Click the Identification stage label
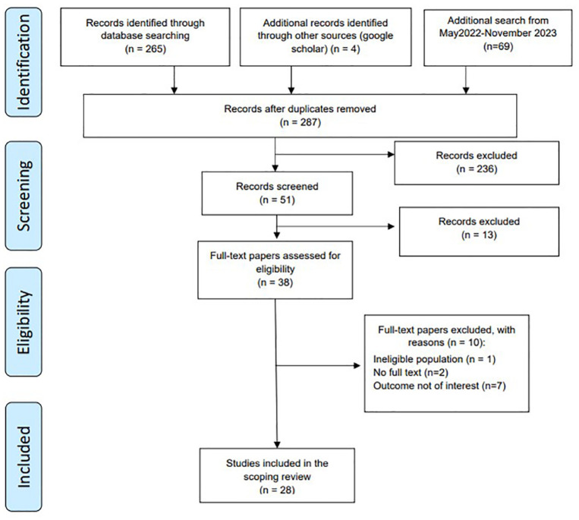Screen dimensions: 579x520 coord(24,62)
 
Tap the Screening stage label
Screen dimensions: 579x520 coord(24,196)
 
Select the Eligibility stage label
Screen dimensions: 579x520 coord(24,322)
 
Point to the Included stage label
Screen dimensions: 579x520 coord(24,457)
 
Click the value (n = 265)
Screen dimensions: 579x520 coord(146,49)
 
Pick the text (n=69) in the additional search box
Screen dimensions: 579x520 coord(498,46)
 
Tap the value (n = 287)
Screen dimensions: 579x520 coord(301,122)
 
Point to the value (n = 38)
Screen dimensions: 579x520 coord(275,282)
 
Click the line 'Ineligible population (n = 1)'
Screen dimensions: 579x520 coord(434,359)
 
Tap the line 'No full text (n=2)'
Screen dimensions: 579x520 coord(411,372)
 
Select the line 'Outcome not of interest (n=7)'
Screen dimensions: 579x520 coord(439,386)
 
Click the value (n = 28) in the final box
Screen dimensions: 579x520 coord(277,490)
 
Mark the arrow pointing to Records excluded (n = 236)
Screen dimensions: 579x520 coord(335,154)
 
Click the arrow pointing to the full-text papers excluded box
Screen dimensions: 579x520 coord(318,366)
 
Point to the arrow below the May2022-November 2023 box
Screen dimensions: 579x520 coord(466,80)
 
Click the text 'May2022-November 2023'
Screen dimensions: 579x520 coord(498,33)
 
